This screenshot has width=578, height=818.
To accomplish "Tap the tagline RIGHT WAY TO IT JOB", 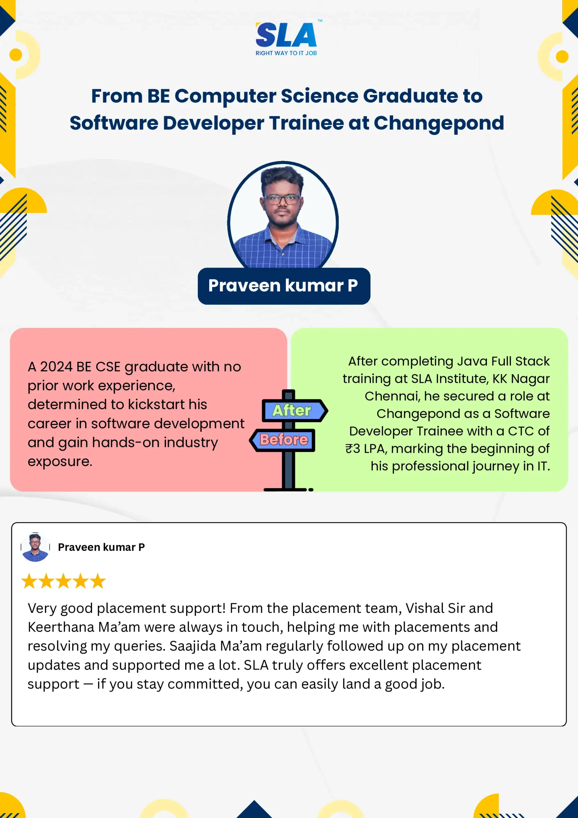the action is coord(286,53).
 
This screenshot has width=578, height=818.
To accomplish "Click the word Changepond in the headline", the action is coord(439,123).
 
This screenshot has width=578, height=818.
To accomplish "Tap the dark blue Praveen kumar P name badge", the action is coord(284,286).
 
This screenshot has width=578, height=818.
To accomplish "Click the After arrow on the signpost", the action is coord(295,410).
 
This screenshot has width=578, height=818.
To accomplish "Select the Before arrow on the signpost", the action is coord(282,440).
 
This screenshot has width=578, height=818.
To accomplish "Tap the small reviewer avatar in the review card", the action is coord(35,547).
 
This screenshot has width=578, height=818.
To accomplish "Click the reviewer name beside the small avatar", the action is coord(102,547).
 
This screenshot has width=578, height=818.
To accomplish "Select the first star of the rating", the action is coord(29,581).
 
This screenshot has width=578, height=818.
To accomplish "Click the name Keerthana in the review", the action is coord(61,627).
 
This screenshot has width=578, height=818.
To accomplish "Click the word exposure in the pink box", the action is coord(60,462).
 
